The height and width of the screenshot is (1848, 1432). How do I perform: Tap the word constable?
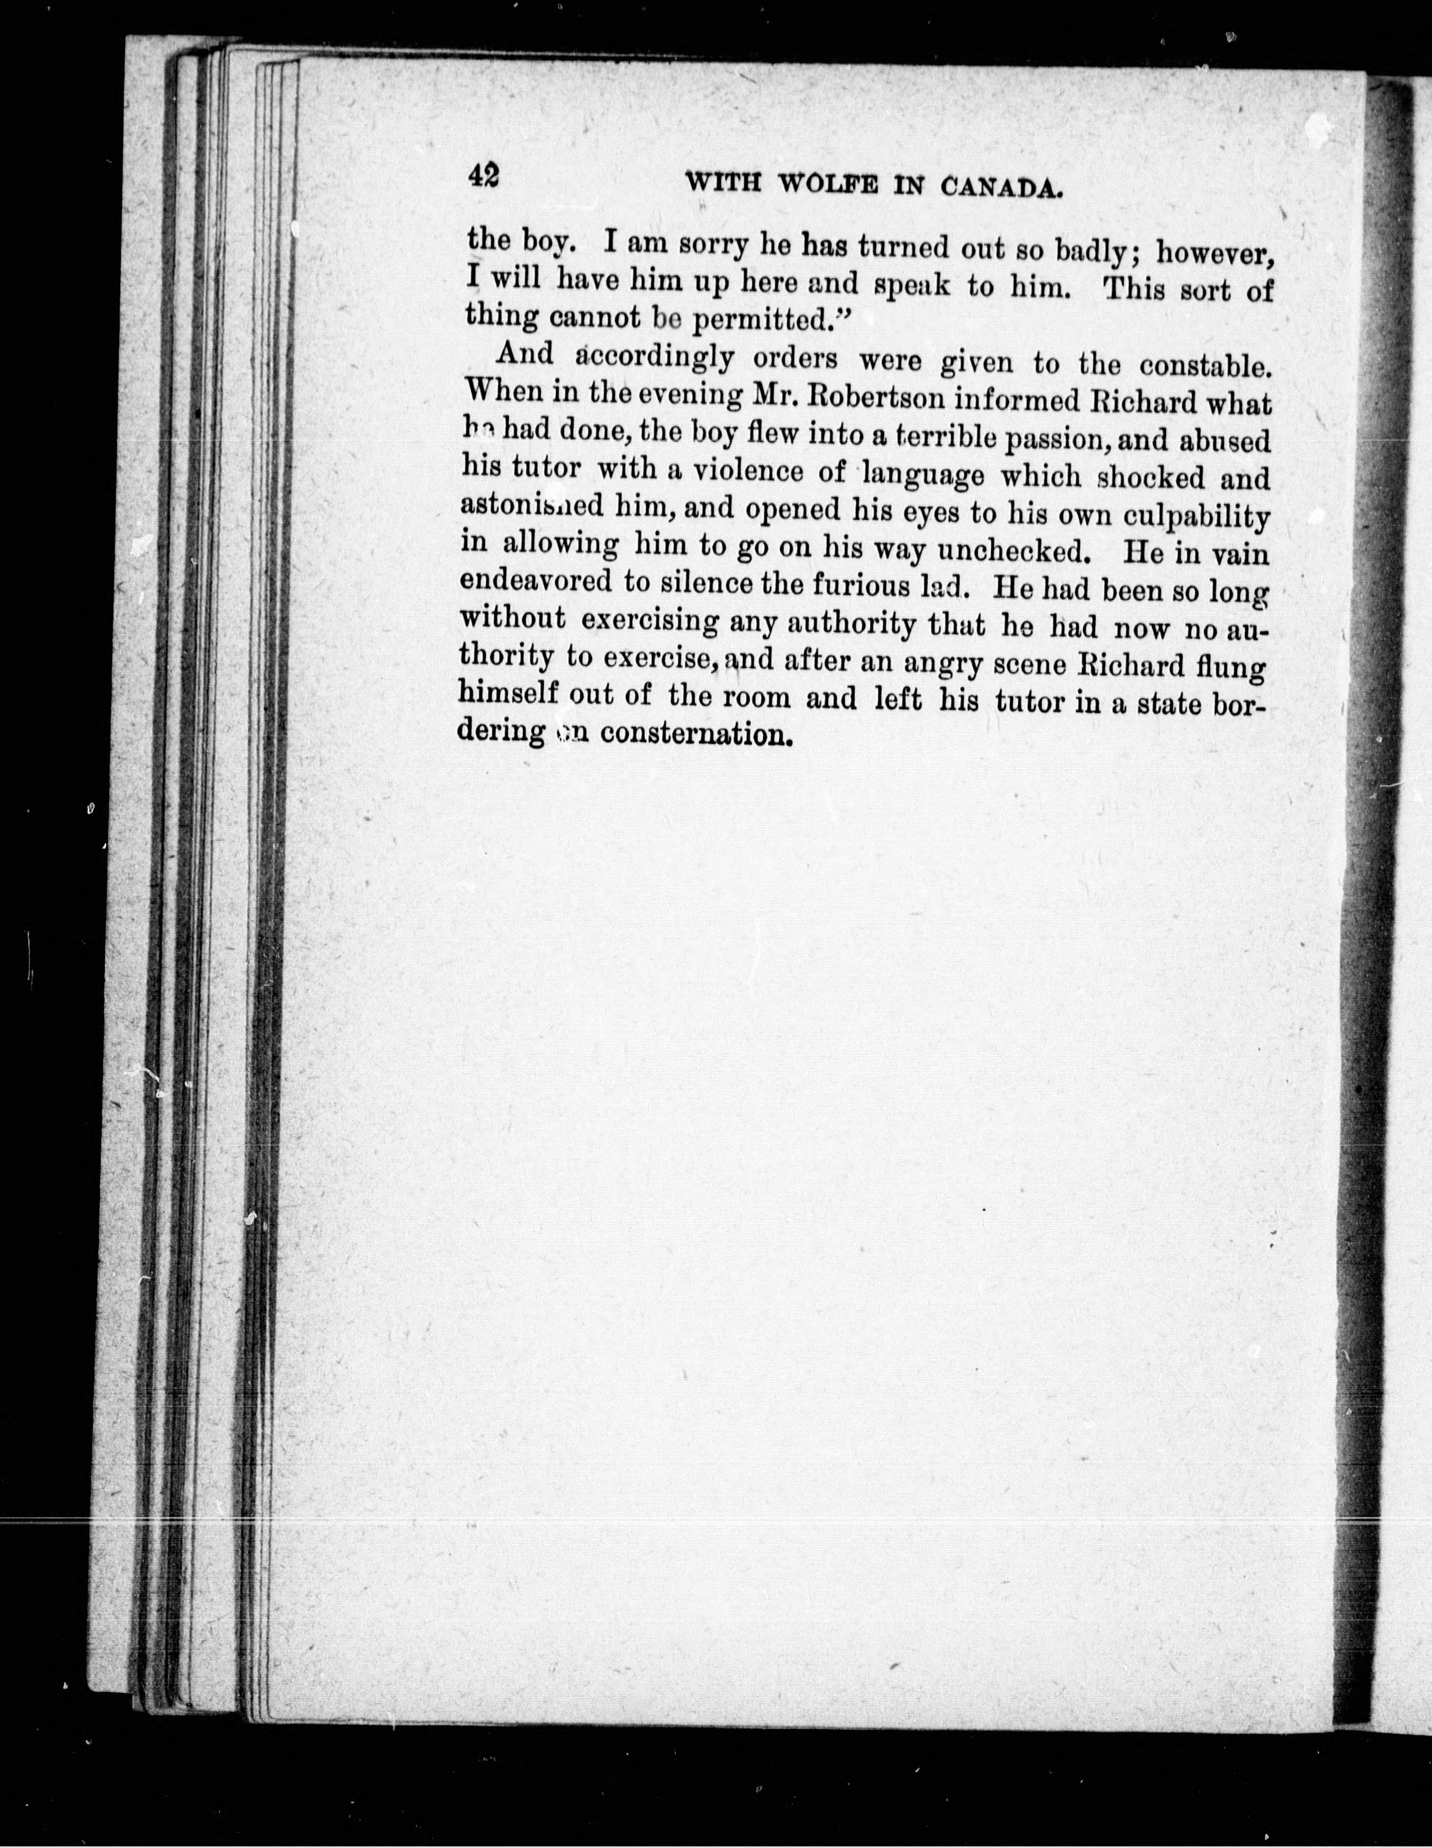point(1203,366)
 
